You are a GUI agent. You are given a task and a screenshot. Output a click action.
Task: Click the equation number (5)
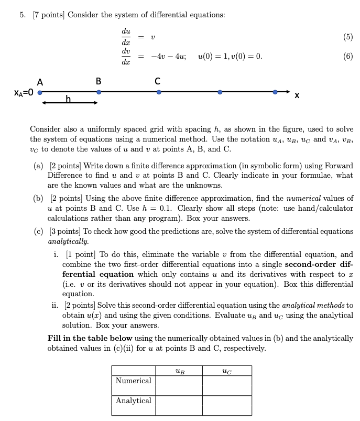(x=348, y=37)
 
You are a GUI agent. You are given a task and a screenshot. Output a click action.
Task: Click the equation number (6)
(x=348, y=56)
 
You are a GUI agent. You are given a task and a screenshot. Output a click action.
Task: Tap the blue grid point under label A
(x=39, y=92)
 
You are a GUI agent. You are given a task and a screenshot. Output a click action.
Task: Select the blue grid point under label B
(x=99, y=92)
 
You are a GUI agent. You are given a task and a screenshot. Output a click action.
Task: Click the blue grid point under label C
(x=159, y=92)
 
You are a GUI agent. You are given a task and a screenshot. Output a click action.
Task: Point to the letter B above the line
(x=99, y=81)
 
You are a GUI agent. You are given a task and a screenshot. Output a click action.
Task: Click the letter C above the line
(x=158, y=81)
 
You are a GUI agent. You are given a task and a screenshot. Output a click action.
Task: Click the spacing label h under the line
(x=68, y=98)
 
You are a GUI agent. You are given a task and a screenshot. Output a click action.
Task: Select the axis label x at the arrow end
(x=297, y=95)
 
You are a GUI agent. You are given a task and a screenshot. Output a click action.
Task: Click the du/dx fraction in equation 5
(x=126, y=37)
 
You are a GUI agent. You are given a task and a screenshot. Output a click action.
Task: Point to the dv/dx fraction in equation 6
(x=126, y=56)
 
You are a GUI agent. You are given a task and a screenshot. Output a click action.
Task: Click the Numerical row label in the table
(x=133, y=381)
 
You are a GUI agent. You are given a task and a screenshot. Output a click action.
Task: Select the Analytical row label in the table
(x=133, y=401)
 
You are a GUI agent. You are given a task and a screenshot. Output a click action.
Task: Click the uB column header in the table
(x=179, y=371)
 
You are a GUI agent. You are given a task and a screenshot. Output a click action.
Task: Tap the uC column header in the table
(x=226, y=371)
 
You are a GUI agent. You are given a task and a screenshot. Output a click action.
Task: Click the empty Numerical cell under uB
(x=179, y=385)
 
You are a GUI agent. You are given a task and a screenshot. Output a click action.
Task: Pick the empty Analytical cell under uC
(x=226, y=405)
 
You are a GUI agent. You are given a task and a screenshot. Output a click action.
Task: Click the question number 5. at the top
(x=23, y=15)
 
